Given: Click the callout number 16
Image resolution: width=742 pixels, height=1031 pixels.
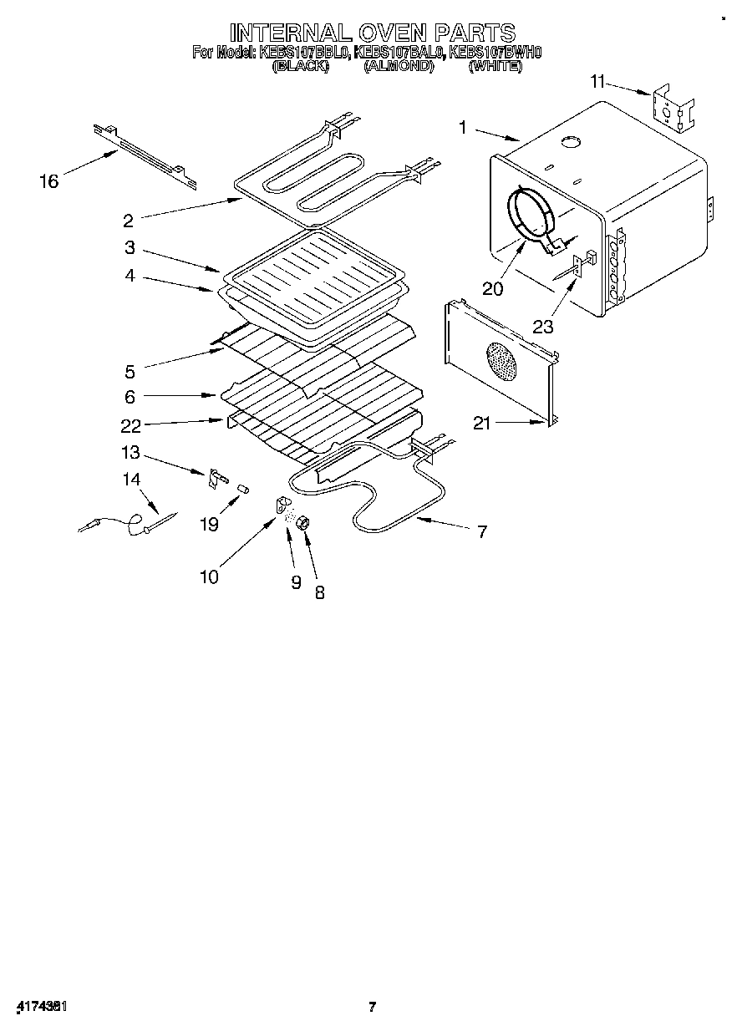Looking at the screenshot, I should [x=49, y=180].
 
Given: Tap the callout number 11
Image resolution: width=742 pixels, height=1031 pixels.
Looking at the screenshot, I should [x=597, y=81].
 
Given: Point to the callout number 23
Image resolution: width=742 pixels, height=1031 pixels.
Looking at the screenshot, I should [x=543, y=326].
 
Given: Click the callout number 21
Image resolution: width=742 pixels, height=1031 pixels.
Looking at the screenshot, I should [x=482, y=424].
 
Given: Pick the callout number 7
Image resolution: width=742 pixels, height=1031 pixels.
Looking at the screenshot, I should [x=482, y=531].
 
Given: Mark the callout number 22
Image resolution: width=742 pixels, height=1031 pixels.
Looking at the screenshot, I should [x=130, y=425].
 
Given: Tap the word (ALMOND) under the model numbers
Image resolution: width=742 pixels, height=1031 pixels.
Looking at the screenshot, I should [x=398, y=67].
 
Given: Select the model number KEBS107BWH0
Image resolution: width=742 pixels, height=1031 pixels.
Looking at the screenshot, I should [x=496, y=53].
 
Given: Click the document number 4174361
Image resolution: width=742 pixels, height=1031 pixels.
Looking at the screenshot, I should [x=41, y=1007].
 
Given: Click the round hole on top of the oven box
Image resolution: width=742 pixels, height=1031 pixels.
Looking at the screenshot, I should [x=572, y=142].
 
